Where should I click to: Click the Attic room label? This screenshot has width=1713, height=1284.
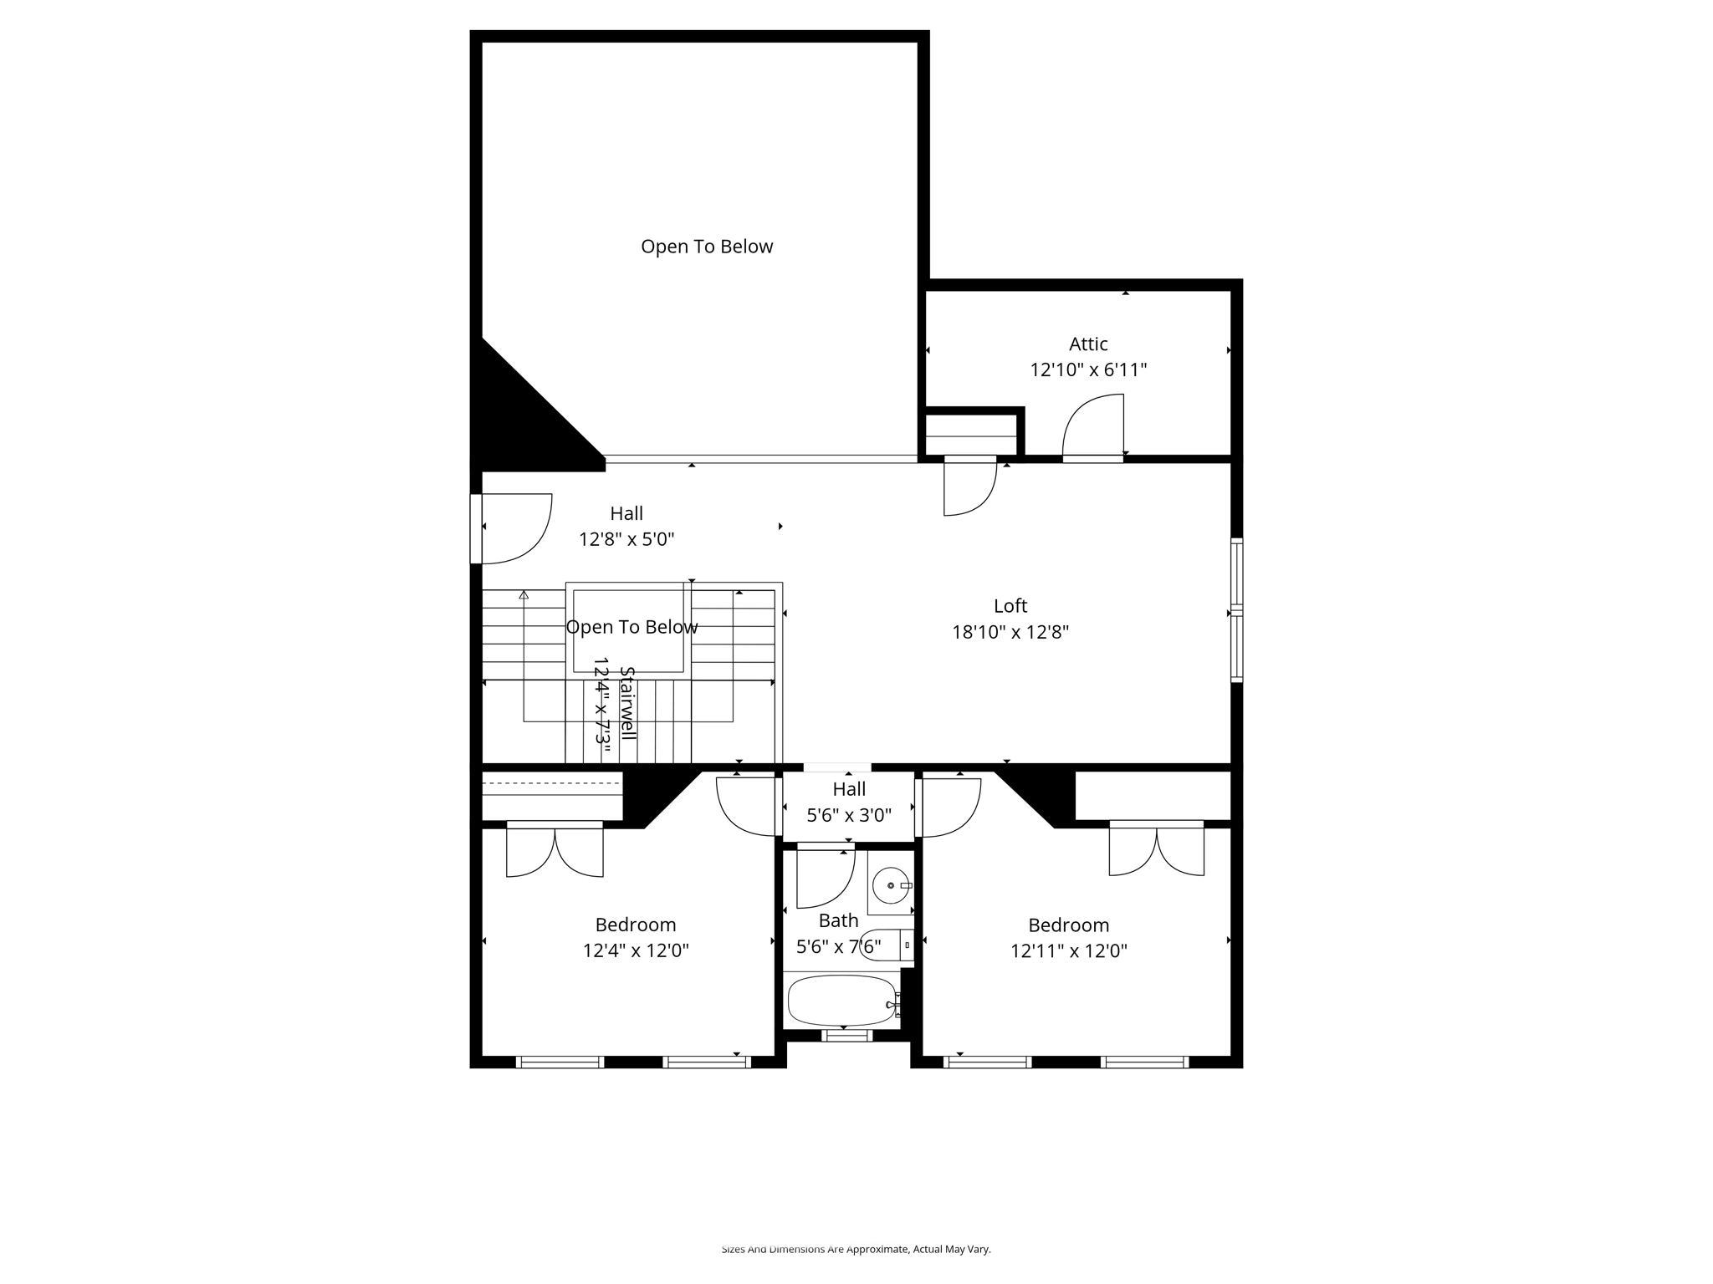point(1087,344)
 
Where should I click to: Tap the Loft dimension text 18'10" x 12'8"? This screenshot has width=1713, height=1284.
point(1010,632)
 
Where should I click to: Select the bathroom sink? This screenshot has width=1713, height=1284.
point(890,885)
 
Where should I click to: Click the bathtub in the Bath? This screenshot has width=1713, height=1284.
point(841,1000)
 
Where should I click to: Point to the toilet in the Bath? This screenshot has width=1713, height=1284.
point(884,945)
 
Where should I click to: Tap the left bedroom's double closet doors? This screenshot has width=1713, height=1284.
point(555,851)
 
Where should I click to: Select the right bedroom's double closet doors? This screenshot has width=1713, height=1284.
point(1156,850)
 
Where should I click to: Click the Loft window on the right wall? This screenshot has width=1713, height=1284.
point(1235,611)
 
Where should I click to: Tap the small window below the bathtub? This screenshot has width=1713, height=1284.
point(846,1036)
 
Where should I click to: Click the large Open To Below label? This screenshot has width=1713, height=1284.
point(707,247)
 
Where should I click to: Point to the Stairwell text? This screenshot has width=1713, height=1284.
point(627,703)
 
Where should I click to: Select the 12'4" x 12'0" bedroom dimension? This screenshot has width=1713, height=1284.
point(636,950)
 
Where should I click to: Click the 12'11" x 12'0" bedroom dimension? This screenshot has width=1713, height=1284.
point(1068,950)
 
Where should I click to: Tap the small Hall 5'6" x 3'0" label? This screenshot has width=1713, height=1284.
point(848,802)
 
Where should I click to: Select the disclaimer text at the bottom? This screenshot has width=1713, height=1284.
point(856,1249)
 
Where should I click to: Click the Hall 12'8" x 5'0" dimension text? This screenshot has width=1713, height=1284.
point(626,539)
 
